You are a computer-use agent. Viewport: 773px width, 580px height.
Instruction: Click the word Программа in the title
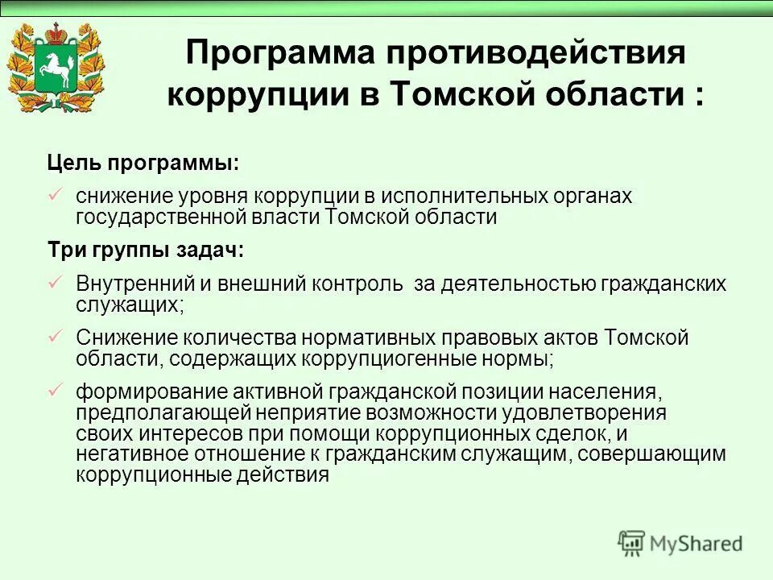point(280,55)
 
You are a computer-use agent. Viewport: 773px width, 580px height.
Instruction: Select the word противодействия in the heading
point(535,55)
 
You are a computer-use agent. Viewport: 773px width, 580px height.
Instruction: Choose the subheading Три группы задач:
point(145,250)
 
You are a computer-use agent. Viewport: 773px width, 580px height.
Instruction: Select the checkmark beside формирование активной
point(56,391)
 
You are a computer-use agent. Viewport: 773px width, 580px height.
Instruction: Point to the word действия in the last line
point(282,474)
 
